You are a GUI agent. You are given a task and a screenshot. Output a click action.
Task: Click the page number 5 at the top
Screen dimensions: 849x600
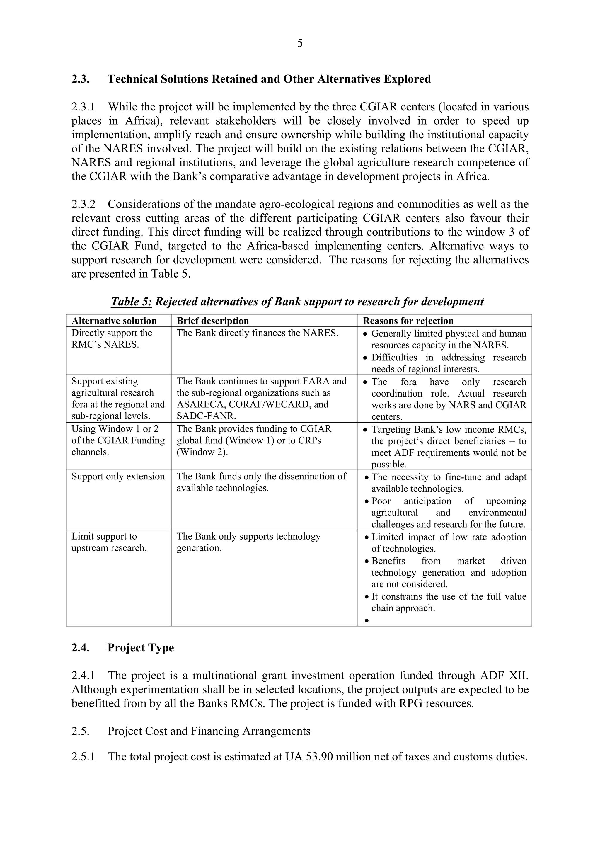[299, 44]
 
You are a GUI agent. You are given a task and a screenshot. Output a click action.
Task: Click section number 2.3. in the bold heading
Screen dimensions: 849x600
[80, 79]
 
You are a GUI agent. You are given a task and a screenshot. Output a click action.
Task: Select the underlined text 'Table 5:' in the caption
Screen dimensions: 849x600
[131, 302]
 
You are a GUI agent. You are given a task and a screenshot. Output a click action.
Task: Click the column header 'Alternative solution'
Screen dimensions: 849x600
[114, 321]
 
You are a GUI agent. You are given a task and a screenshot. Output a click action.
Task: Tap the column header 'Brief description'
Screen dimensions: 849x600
[213, 321]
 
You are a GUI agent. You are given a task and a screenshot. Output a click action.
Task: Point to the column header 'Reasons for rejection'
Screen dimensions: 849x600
[408, 321]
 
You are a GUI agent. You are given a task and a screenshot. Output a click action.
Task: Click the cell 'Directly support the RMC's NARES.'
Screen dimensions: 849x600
[111, 338]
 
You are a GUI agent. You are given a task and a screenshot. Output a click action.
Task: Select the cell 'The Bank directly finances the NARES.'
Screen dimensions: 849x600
[257, 333]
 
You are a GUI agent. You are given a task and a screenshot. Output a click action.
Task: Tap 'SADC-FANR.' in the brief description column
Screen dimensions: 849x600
[206, 416]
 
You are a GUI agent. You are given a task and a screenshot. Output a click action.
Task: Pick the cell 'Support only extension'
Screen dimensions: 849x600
[118, 476]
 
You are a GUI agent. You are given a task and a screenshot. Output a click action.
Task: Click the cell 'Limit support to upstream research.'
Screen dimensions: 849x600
[109, 542]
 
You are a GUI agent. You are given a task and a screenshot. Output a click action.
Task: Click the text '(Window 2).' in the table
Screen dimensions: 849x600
[202, 452]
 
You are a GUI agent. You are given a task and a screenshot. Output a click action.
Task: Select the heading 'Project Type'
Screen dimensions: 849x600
[141, 648]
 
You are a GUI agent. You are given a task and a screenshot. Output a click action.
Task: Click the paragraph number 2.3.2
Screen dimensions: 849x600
[83, 204]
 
